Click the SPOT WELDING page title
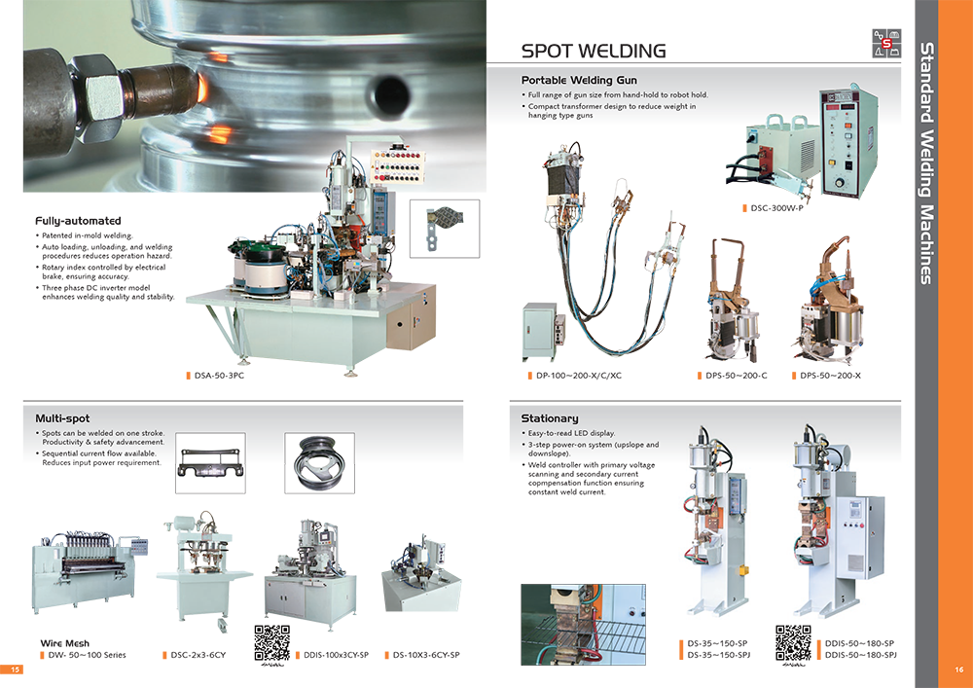point(594,51)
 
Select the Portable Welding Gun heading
point(579,80)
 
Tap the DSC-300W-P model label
point(776,208)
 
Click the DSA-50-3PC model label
point(219,376)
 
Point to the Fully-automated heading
point(78,221)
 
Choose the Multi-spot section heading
point(62,418)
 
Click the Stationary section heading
point(550,418)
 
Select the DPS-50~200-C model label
point(736,376)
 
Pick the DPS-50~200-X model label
point(830,376)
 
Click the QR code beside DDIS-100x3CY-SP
point(271,642)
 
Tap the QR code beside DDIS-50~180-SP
point(793,642)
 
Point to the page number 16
point(959,670)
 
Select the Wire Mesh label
point(64,643)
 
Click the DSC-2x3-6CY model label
point(198,655)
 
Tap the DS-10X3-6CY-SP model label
point(426,655)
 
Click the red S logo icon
point(886,43)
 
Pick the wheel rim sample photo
point(319,463)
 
